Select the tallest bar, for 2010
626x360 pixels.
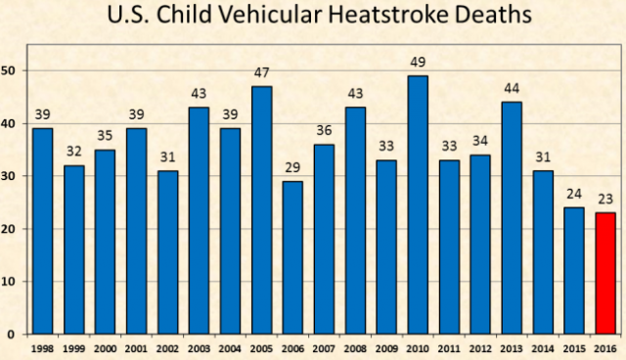419,204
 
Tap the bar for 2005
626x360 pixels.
262,209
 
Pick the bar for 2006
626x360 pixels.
292,257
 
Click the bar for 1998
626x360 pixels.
43,231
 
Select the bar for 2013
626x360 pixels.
513,217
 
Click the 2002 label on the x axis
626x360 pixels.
168,348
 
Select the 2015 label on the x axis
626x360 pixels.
574,348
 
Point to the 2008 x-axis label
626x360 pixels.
355,348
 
